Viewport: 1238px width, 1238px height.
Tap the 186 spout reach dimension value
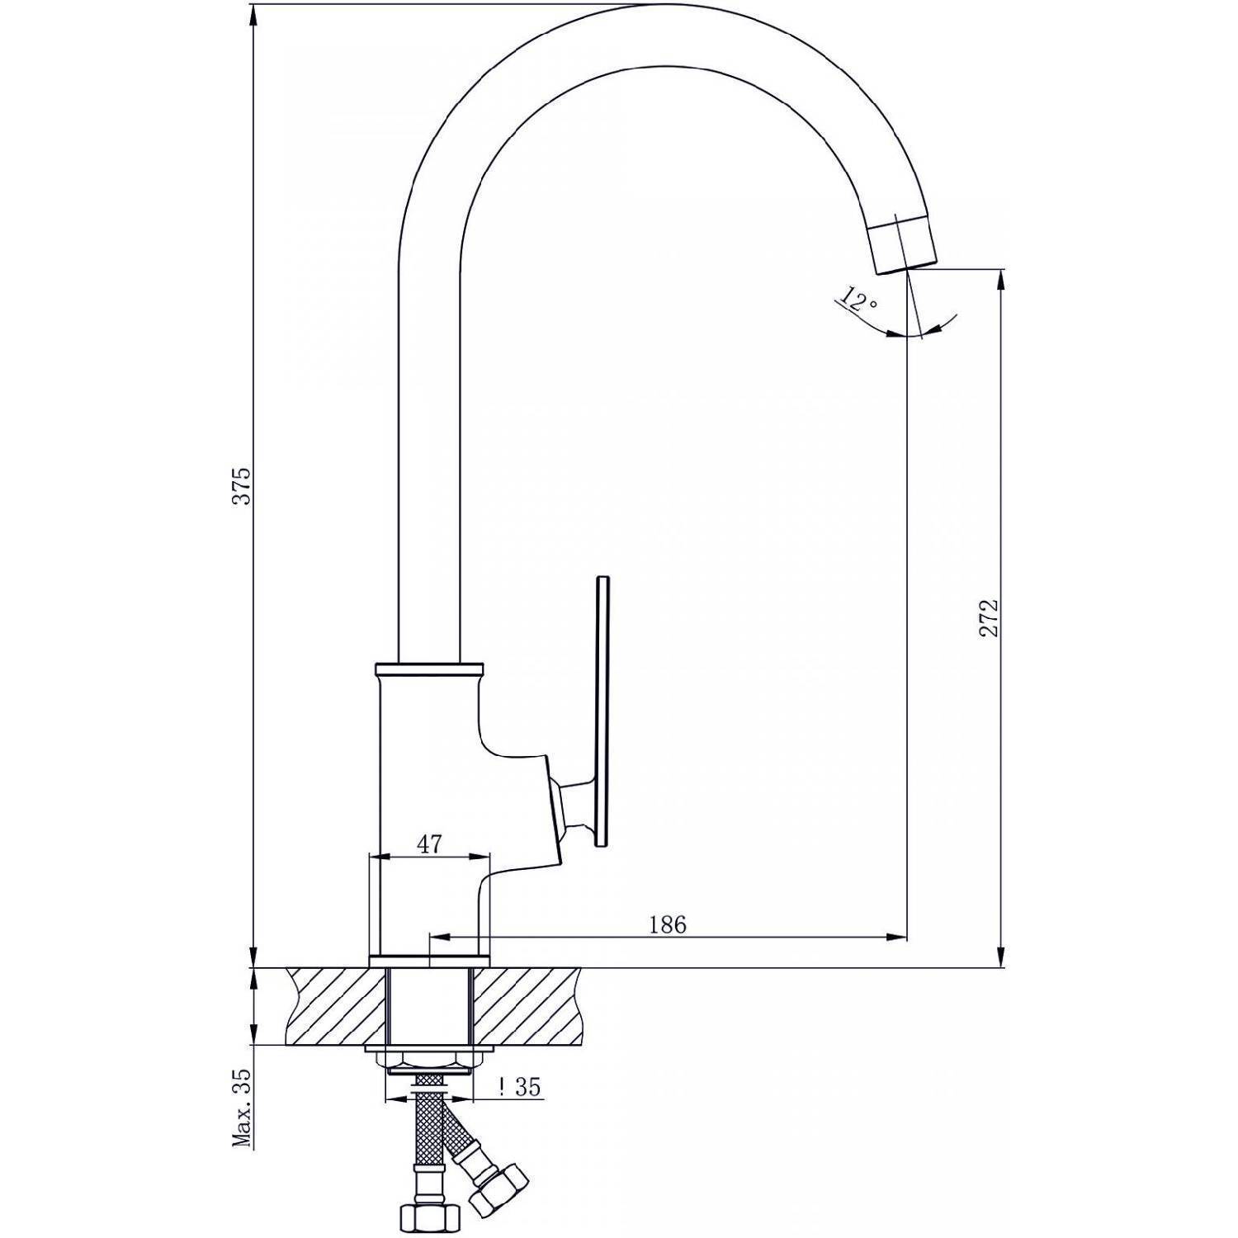click(667, 924)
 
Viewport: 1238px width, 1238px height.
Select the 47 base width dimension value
click(429, 843)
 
